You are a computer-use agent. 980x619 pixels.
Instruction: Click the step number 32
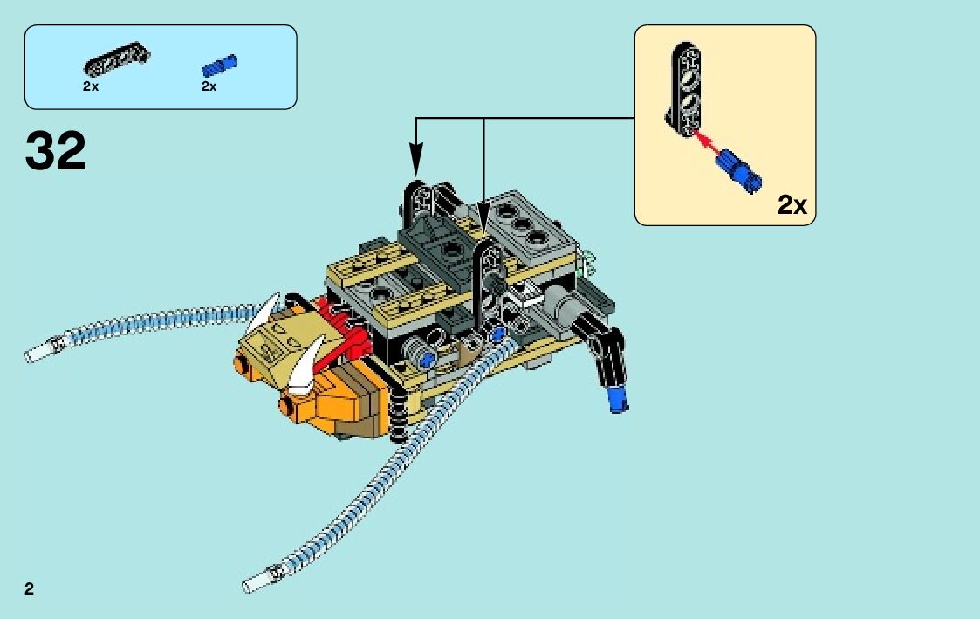(x=56, y=151)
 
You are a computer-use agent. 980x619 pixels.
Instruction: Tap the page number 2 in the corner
(x=30, y=588)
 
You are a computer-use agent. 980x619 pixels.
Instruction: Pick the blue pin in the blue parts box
(x=220, y=65)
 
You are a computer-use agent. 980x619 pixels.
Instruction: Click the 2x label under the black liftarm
(x=91, y=86)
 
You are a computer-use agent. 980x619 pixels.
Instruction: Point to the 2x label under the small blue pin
(x=209, y=86)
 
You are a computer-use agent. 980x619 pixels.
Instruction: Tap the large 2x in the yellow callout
(x=792, y=205)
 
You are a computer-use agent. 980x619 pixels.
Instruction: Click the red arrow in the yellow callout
(x=712, y=144)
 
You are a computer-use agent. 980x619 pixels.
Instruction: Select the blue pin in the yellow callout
(x=742, y=169)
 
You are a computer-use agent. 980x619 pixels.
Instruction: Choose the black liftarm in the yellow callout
(x=686, y=88)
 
